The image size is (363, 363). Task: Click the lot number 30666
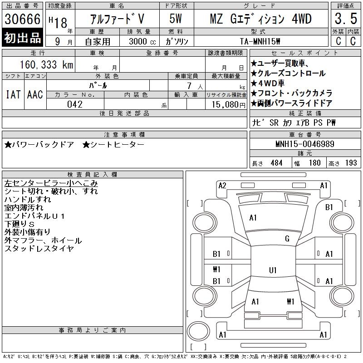(x=22, y=19)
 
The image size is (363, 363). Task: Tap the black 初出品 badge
(x=22, y=38)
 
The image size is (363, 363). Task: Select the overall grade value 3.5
(x=346, y=19)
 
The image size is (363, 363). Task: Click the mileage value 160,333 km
(x=46, y=64)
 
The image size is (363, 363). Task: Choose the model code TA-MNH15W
(x=260, y=41)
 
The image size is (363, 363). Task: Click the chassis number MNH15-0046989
(x=305, y=144)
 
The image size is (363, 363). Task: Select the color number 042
(x=75, y=104)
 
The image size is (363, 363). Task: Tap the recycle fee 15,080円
(x=229, y=105)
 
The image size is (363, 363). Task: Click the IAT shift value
(x=13, y=94)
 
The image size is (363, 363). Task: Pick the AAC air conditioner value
(x=35, y=94)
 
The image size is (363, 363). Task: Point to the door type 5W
(x=176, y=19)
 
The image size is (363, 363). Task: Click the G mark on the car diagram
(x=287, y=238)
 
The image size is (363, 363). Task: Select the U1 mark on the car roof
(x=273, y=270)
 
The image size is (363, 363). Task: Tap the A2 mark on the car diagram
(x=222, y=186)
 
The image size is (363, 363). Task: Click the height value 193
(x=351, y=163)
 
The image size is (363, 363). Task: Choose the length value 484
(x=276, y=163)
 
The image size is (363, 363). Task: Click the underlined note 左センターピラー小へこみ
(x=51, y=183)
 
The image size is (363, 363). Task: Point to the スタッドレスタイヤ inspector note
(x=39, y=248)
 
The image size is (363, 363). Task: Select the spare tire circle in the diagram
(x=198, y=331)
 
